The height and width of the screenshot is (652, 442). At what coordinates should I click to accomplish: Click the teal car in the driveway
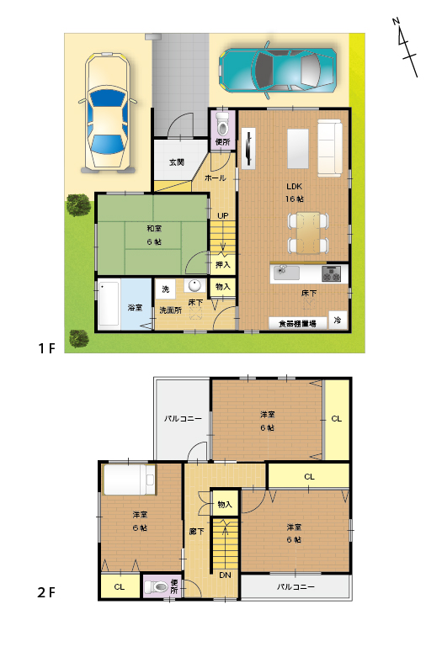[x=278, y=70]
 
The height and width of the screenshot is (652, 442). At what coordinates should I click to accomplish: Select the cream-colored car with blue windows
[x=108, y=112]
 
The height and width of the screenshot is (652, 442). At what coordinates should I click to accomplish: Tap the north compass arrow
[x=405, y=47]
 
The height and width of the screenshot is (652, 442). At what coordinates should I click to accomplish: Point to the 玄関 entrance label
[x=177, y=162]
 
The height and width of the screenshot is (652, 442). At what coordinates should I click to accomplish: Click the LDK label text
[x=294, y=186]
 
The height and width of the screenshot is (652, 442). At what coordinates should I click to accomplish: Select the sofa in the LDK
[x=330, y=148]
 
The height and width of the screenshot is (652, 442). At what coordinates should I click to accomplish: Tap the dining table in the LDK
[x=308, y=233]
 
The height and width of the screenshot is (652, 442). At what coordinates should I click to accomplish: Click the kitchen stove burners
[x=332, y=273]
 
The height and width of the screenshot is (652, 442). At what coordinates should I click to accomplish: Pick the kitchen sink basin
[x=286, y=273]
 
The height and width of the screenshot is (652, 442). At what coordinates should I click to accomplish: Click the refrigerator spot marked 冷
[x=338, y=321]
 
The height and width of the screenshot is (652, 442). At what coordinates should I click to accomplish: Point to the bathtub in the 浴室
[x=109, y=304]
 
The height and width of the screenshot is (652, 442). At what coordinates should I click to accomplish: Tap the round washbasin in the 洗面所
[x=194, y=285]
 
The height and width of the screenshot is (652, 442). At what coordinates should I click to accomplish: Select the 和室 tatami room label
[x=154, y=229]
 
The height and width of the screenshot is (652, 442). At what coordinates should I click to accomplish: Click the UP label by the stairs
[x=222, y=216]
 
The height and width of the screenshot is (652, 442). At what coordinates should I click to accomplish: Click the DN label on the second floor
[x=225, y=575]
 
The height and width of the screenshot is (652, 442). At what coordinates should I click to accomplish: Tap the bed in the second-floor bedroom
[x=129, y=480]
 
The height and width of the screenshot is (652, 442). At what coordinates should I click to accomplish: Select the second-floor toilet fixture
[x=156, y=586]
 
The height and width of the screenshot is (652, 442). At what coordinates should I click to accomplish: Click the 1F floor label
[x=46, y=348]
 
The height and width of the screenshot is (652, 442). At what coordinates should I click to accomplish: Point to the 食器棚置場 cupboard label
[x=297, y=324]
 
